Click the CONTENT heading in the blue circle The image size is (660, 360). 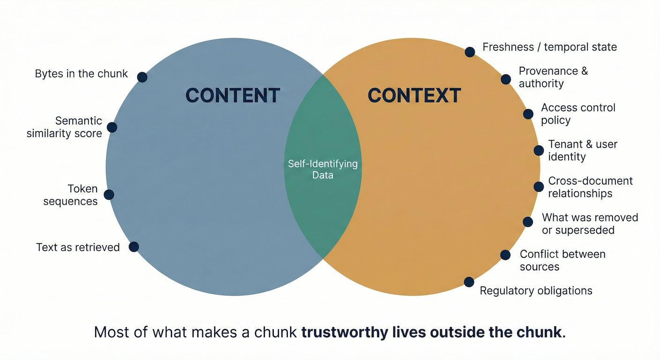[233, 96]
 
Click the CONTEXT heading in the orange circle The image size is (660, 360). [414, 96]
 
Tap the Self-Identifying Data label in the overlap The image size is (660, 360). [322, 169]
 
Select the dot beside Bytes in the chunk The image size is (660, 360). [142, 77]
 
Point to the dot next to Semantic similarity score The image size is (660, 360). [112, 127]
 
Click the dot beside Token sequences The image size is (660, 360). [109, 195]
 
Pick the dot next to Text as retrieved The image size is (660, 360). [134, 247]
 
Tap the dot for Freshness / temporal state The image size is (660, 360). [470, 52]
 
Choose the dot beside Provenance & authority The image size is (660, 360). [506, 79]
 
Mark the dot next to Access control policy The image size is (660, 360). [528, 114]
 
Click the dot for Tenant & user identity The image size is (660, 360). [539, 150]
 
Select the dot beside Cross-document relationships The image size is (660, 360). [539, 187]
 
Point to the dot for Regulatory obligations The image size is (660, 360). [469, 282]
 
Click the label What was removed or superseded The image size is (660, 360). [590, 224]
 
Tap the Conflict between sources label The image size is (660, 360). [562, 261]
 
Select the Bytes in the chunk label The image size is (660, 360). [81, 74]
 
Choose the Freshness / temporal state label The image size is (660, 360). [549, 47]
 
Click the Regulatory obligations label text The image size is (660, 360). [536, 291]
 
